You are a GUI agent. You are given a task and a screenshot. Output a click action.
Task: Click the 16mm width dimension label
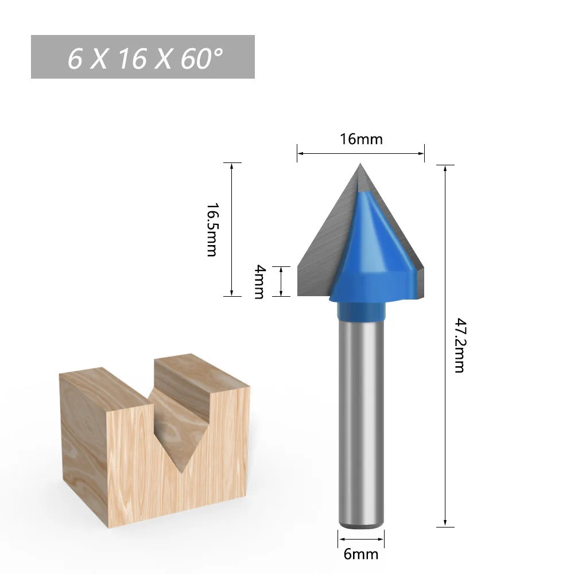[361, 139]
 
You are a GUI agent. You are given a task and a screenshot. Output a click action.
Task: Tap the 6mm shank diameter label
[361, 554]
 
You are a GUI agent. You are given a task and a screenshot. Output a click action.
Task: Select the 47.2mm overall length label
[460, 345]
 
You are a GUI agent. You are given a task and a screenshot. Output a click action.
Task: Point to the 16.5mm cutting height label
[212, 230]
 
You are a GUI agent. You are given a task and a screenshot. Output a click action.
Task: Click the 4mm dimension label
[259, 281]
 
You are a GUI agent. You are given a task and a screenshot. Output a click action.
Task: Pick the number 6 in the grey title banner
[75, 59]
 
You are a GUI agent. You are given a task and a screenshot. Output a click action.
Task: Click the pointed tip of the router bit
[360, 164]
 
